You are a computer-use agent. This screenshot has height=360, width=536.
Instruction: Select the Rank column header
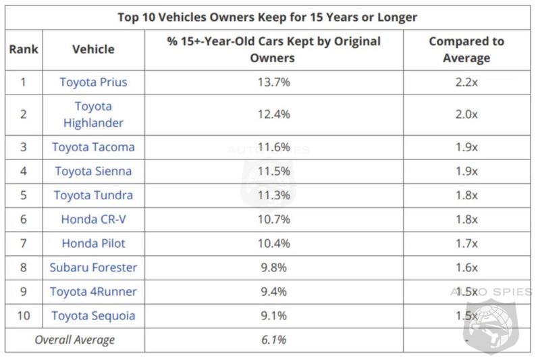pos(24,49)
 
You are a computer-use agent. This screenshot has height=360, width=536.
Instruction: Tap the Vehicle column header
pos(93,49)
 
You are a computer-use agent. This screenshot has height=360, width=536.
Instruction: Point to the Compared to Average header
pos(466,49)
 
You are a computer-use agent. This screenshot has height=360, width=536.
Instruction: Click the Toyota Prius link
pos(93,82)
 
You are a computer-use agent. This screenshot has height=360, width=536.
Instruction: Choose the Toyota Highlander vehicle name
pos(93,114)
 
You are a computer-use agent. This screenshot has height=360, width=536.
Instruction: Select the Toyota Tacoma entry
pos(93,147)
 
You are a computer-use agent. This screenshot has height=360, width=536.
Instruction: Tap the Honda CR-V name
pos(93,220)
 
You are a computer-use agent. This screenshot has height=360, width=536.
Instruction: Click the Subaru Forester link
pos(93,267)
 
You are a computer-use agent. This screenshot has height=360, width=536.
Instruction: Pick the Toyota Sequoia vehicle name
pos(93,315)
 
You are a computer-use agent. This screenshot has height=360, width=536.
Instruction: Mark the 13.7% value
pos(274,82)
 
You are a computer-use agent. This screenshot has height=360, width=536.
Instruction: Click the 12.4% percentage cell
pos(274,114)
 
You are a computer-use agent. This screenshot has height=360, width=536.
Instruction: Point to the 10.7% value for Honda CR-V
pos(274,220)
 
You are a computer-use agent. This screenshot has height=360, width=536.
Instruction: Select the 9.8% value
pos(274,267)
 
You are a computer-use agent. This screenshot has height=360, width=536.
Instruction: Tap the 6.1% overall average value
pos(274,340)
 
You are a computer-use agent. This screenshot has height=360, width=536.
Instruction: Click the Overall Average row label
pos(74,340)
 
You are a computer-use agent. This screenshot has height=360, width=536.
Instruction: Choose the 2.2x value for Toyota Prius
pos(466,82)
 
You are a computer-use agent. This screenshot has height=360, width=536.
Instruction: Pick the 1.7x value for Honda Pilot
pos(466,243)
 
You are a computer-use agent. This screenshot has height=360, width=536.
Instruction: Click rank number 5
pos(24,195)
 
